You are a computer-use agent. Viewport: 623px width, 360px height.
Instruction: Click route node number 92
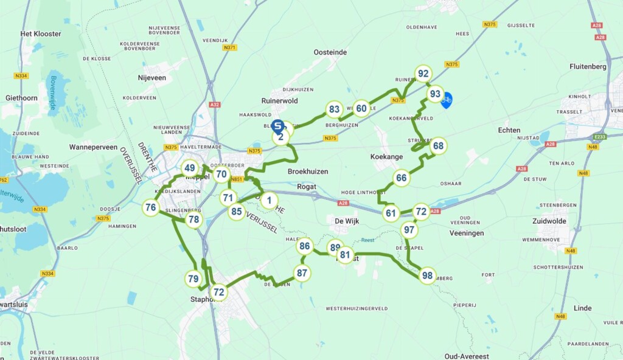pyautogui.click(x=423, y=74)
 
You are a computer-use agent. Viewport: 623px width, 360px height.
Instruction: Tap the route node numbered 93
pyautogui.click(x=435, y=94)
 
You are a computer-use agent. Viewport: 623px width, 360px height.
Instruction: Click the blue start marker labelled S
pyautogui.click(x=277, y=126)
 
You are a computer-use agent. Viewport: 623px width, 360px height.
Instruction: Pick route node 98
pyautogui.click(x=428, y=275)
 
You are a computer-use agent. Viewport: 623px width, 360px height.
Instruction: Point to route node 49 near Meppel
pyautogui.click(x=190, y=168)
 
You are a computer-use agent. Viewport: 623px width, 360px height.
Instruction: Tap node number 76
pyautogui.click(x=151, y=208)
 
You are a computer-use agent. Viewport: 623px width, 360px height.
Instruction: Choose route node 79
pyautogui.click(x=193, y=279)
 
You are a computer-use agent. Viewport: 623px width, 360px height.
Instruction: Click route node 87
pyautogui.click(x=302, y=273)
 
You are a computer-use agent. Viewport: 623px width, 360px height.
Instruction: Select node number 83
pyautogui.click(x=333, y=109)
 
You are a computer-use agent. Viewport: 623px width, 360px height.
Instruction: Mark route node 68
pyautogui.click(x=438, y=146)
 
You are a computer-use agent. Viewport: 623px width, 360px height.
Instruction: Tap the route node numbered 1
pyautogui.click(x=270, y=200)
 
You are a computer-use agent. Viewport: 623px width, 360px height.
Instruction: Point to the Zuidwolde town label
pyautogui.click(x=553, y=221)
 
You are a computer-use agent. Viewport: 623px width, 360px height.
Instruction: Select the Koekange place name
pyautogui.click(x=387, y=156)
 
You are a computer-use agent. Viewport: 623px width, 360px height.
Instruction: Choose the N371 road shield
pyautogui.click(x=230, y=47)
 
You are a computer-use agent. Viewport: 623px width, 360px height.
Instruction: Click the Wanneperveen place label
pyautogui.click(x=93, y=147)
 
